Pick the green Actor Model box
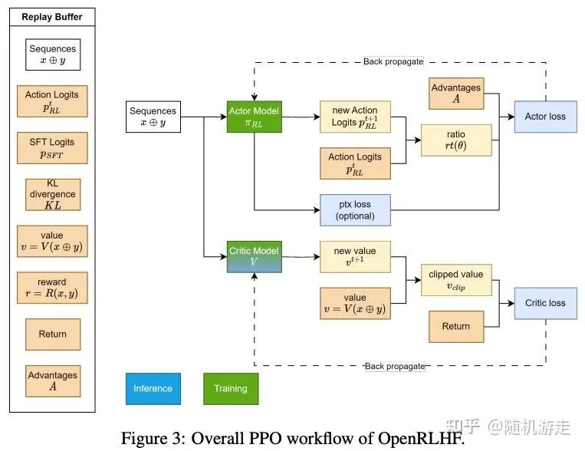click(254, 117)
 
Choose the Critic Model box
click(254, 256)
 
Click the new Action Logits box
click(355, 117)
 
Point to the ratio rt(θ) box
click(455, 140)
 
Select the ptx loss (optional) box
click(355, 210)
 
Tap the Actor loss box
click(544, 117)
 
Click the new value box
click(355, 256)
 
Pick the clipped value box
click(455, 280)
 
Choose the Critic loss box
click(545, 303)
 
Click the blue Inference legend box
click(153, 388)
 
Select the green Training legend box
click(231, 388)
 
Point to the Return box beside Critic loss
click(455, 326)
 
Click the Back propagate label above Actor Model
click(393, 61)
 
